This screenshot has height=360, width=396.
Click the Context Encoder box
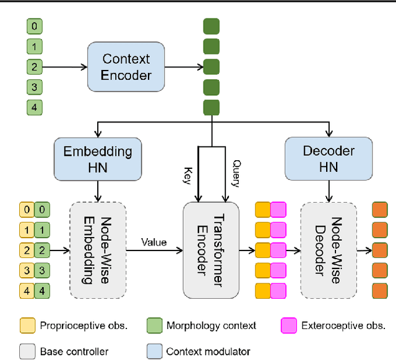[x=126, y=67]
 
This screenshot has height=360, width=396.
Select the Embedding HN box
[x=98, y=160]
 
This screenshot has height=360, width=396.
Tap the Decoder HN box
[x=329, y=159]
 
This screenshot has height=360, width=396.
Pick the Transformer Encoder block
[x=211, y=250]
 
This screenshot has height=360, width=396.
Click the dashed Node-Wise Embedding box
[x=98, y=250]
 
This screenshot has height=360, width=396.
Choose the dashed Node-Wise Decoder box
[x=329, y=250]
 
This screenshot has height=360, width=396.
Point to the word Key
[x=187, y=176]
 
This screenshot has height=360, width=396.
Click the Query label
[x=236, y=173]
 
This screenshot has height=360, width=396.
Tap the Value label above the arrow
[x=154, y=242]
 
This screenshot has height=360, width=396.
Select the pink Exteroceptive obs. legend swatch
[x=289, y=325]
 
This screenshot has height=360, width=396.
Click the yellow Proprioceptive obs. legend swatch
[x=27, y=325]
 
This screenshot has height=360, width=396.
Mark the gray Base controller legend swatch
[x=27, y=351]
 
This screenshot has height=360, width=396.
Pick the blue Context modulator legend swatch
[x=155, y=351]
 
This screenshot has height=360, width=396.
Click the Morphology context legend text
[x=211, y=325]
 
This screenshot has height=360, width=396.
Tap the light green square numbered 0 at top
[x=35, y=26]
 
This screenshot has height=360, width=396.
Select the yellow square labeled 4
[x=27, y=291]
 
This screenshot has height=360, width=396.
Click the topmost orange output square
[x=380, y=210]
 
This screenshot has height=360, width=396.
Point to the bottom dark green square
[x=212, y=108]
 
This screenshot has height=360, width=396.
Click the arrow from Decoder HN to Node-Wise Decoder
[x=329, y=191]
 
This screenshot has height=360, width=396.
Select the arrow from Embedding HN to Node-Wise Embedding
[x=98, y=191]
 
